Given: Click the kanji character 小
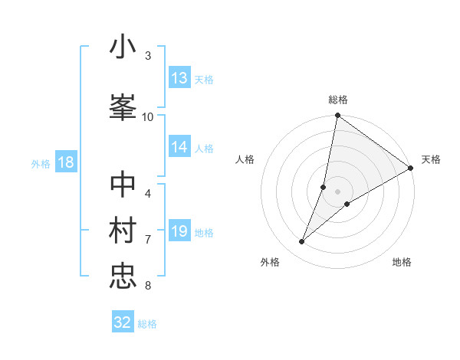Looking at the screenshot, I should click(123, 47).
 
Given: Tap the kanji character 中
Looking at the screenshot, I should click(123, 185).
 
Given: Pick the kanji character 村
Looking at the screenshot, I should click(123, 230).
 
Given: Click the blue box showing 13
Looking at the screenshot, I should click(179, 78).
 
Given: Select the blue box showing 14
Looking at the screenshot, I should click(179, 147).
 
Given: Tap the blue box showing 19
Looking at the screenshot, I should click(179, 231).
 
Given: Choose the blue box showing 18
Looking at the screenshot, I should click(65, 162).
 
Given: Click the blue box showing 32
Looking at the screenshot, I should click(123, 322).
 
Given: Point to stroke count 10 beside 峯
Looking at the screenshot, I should click(147, 116).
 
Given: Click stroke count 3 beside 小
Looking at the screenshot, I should click(147, 56).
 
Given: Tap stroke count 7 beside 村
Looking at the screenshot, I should click(147, 240).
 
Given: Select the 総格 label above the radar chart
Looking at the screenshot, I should click(338, 100).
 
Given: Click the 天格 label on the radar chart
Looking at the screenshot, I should click(431, 159).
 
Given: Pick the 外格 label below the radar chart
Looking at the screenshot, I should click(270, 262).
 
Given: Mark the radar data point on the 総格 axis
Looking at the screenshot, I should click(337, 116).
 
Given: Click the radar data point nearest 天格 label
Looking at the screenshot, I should click(410, 168).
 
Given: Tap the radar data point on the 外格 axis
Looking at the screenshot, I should click(302, 242).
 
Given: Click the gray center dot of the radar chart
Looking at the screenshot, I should click(337, 191).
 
